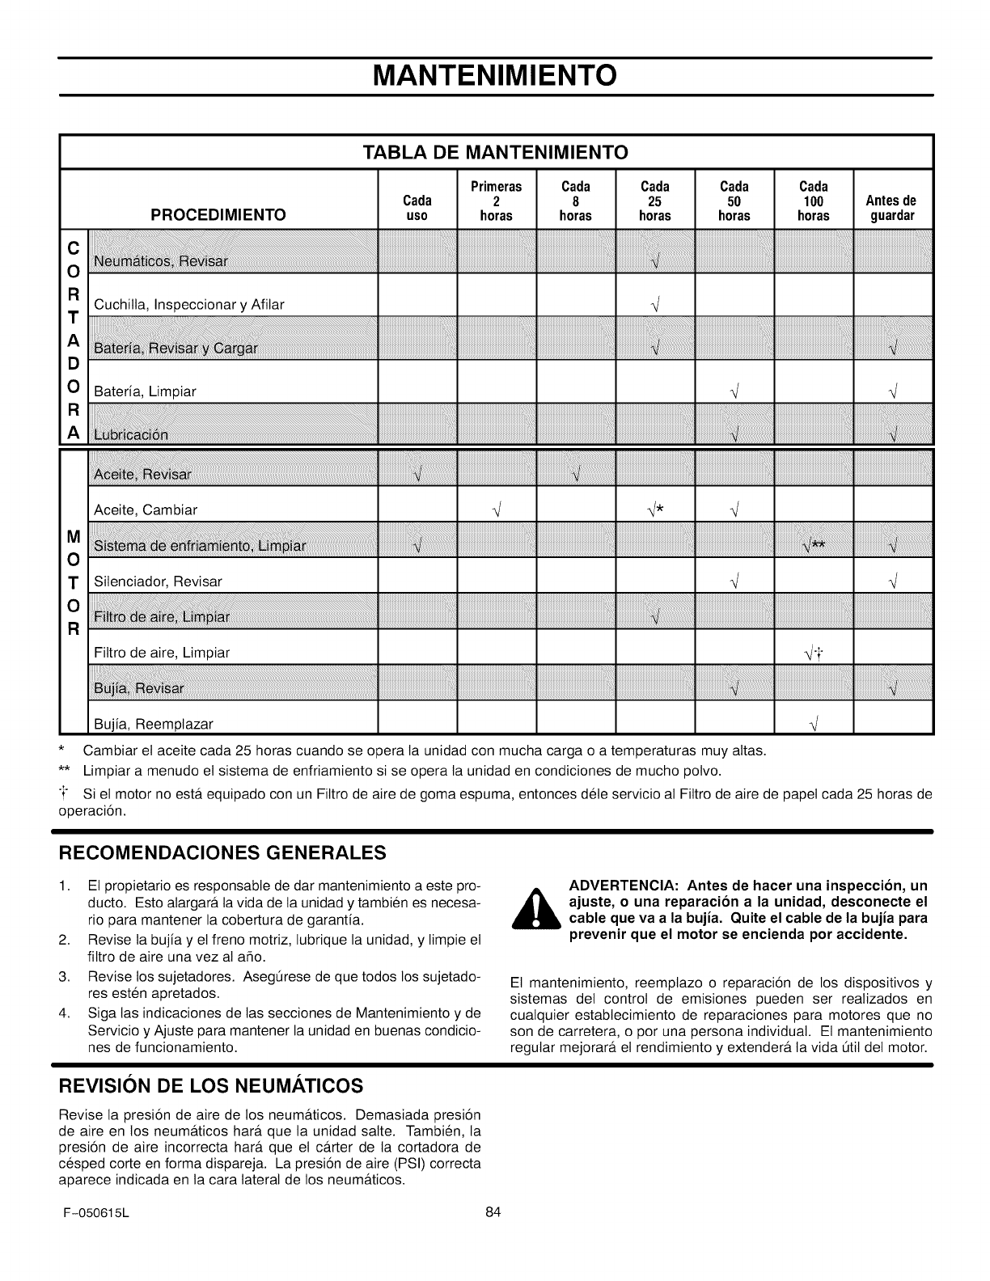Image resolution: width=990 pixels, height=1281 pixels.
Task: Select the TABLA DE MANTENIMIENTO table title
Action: (x=495, y=152)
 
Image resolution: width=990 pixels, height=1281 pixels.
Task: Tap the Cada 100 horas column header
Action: (x=813, y=201)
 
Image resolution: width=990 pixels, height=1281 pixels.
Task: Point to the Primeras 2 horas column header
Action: (x=496, y=201)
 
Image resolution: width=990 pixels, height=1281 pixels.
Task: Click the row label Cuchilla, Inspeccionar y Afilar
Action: (x=189, y=305)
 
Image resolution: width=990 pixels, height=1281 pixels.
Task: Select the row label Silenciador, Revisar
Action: (x=158, y=581)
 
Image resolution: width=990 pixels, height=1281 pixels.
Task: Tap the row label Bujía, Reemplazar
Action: (x=154, y=723)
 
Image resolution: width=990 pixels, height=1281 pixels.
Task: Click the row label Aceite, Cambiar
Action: (x=146, y=510)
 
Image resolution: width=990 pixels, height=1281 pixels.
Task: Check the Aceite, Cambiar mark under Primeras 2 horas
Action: (x=495, y=510)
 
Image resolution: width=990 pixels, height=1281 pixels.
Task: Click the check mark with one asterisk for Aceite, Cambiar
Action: (x=656, y=509)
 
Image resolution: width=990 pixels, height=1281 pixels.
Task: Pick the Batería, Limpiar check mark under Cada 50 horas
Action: (x=734, y=392)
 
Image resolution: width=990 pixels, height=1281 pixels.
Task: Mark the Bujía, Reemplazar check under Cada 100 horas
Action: (x=813, y=723)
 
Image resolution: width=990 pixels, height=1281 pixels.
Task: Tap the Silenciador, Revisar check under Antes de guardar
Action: (x=892, y=581)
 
